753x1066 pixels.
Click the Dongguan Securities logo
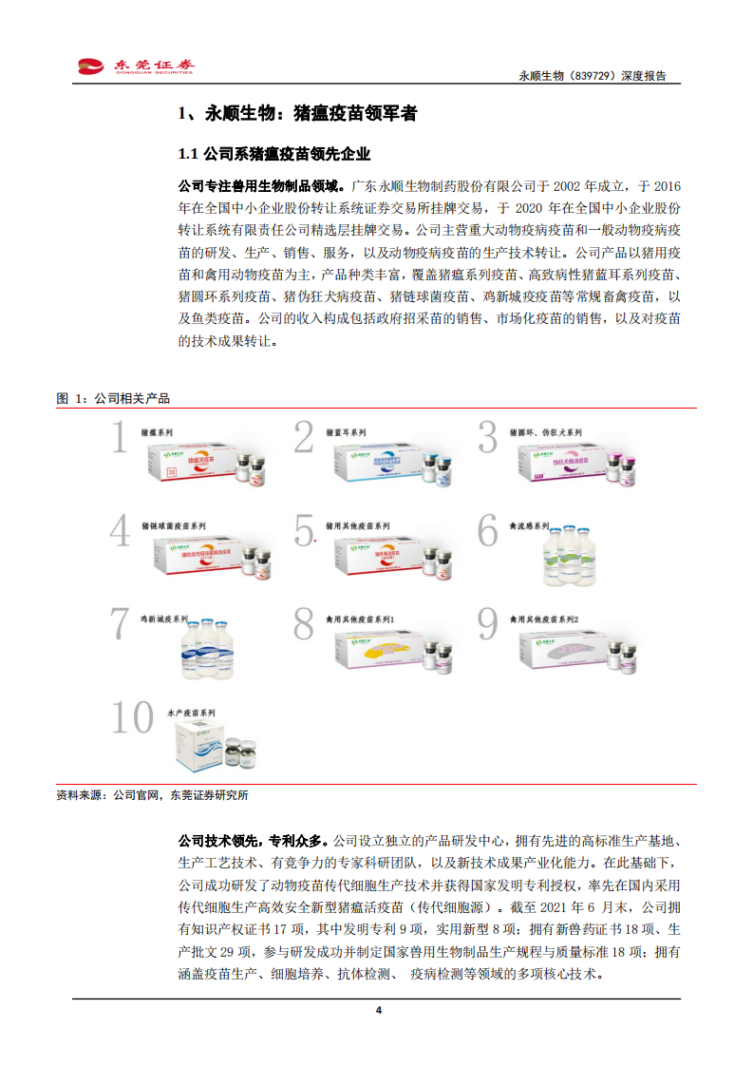[x=137, y=66]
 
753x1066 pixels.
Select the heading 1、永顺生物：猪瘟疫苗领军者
[x=297, y=114]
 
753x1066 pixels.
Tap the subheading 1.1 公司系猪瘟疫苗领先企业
[x=274, y=154]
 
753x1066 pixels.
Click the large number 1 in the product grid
[x=120, y=438]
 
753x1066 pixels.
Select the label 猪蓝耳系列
[x=345, y=432]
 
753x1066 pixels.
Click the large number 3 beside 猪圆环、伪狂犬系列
[x=488, y=438]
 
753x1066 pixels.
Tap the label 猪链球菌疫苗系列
[x=173, y=525]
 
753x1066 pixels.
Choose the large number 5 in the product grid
[x=304, y=530]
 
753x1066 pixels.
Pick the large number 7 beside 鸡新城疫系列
[x=120, y=623]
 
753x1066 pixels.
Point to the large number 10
[x=132, y=717]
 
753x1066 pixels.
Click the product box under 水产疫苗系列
[x=211, y=744]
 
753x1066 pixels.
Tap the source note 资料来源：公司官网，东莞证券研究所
[x=152, y=794]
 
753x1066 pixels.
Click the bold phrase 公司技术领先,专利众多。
[x=254, y=841]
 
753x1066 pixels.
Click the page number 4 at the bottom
[x=378, y=1010]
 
